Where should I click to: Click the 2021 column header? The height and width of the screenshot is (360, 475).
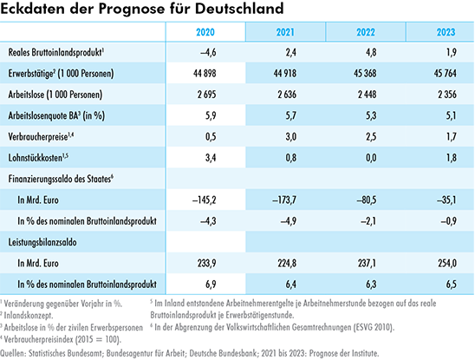[285, 32]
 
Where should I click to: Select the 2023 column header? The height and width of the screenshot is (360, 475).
[446, 32]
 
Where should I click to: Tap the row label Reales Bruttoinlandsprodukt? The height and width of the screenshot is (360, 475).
[55, 52]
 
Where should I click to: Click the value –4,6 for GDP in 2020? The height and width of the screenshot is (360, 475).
[208, 52]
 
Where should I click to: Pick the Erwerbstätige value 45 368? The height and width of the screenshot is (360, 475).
[365, 73]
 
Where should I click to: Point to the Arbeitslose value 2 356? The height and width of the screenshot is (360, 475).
[447, 95]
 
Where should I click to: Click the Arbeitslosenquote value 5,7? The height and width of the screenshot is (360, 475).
[290, 115]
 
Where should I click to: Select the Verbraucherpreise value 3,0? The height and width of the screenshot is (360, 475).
[290, 136]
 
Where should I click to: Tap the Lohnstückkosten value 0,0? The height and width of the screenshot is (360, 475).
[371, 158]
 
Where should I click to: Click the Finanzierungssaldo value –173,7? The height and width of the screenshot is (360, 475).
[284, 200]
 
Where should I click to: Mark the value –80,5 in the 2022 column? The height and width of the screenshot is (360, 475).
[366, 200]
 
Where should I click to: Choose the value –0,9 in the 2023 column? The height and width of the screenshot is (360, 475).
[448, 221]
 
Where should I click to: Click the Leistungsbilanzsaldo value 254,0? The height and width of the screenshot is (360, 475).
[447, 263]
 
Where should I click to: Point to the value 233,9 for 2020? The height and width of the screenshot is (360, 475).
[207, 263]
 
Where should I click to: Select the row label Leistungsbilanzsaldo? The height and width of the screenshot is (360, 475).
[42, 242]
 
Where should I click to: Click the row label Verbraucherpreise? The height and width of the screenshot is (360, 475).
[38, 137]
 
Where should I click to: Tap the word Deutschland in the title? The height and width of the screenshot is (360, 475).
[239, 9]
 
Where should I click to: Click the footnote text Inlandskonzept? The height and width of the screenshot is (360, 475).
[29, 316]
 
